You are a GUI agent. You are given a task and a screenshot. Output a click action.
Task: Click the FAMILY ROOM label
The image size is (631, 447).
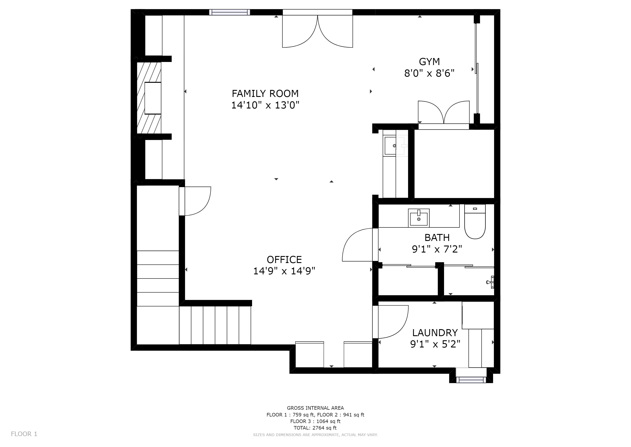pos(265,94)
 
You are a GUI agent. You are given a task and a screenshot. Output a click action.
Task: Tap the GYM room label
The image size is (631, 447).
pos(429,62)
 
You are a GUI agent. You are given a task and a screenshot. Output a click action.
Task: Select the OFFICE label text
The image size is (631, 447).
pos(284,260)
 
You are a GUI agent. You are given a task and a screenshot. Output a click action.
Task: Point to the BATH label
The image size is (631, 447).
pos(437,237)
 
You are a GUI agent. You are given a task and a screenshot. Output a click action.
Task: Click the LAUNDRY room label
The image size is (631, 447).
pos(435,333)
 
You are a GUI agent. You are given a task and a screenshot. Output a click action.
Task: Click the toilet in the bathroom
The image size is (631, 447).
pos(475,222)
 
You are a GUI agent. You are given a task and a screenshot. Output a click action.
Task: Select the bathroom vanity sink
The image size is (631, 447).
pos(419,218)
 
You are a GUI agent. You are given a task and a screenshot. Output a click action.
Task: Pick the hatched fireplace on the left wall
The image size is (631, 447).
pos(149,98)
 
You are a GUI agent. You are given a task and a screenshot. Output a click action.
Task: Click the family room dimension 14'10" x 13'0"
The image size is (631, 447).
pos(265,105)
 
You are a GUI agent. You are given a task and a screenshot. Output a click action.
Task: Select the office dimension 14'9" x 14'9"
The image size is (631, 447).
pos(284,271)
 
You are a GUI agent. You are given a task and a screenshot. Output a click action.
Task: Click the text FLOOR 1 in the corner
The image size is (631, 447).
pos(24,434)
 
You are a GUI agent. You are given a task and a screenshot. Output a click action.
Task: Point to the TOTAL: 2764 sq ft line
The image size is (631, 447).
pos(315,428)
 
